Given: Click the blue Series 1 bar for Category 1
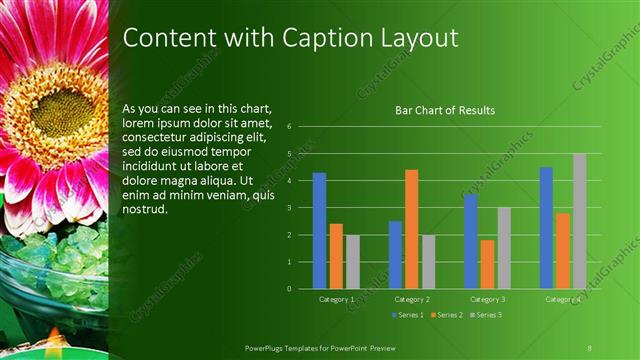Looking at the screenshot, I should pos(319,231).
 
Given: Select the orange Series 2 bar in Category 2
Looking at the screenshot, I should pos(411,229).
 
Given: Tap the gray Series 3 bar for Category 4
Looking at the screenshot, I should pos(579,221).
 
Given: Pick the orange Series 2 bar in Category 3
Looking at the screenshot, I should pos(487,264).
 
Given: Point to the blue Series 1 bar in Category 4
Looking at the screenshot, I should pos(546,228).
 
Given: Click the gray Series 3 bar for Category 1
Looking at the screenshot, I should pos(352,262).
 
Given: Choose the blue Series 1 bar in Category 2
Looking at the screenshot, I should pos(395,255).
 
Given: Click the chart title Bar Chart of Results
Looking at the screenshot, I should pos(445,110).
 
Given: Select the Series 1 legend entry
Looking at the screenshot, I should pos(408,315).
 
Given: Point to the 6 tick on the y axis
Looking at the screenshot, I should pos(288,127).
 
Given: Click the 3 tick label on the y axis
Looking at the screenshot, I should pos(288,208).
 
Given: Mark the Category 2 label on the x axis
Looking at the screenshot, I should pos(411,299).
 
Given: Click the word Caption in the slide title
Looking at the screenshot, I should pos(304,38).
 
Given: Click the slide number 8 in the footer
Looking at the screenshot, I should pos(589,347).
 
